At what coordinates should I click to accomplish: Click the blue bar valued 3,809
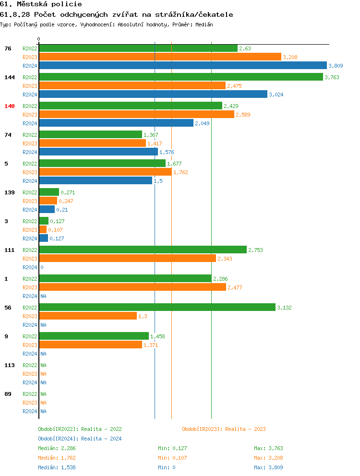(x=182, y=66)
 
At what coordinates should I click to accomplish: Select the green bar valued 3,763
(x=180, y=77)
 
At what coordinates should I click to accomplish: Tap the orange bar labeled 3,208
(x=160, y=57)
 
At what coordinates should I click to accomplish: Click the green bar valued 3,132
(x=157, y=307)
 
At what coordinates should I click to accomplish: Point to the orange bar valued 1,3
(x=87, y=316)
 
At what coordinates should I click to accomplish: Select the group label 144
(x=10, y=77)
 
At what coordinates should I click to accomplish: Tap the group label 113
(x=10, y=365)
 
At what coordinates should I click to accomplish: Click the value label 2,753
(x=255, y=250)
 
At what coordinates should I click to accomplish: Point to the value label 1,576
(x=167, y=152)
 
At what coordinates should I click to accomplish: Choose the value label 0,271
(x=68, y=192)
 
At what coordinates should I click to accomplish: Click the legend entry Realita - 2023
(x=224, y=429)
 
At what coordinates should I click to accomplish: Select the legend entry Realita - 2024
(x=80, y=439)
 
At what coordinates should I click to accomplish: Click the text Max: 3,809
(x=268, y=467)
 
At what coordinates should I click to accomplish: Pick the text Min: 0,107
(x=172, y=458)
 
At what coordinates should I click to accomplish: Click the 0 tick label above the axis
(x=39, y=39)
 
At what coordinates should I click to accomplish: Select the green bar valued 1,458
(x=94, y=336)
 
